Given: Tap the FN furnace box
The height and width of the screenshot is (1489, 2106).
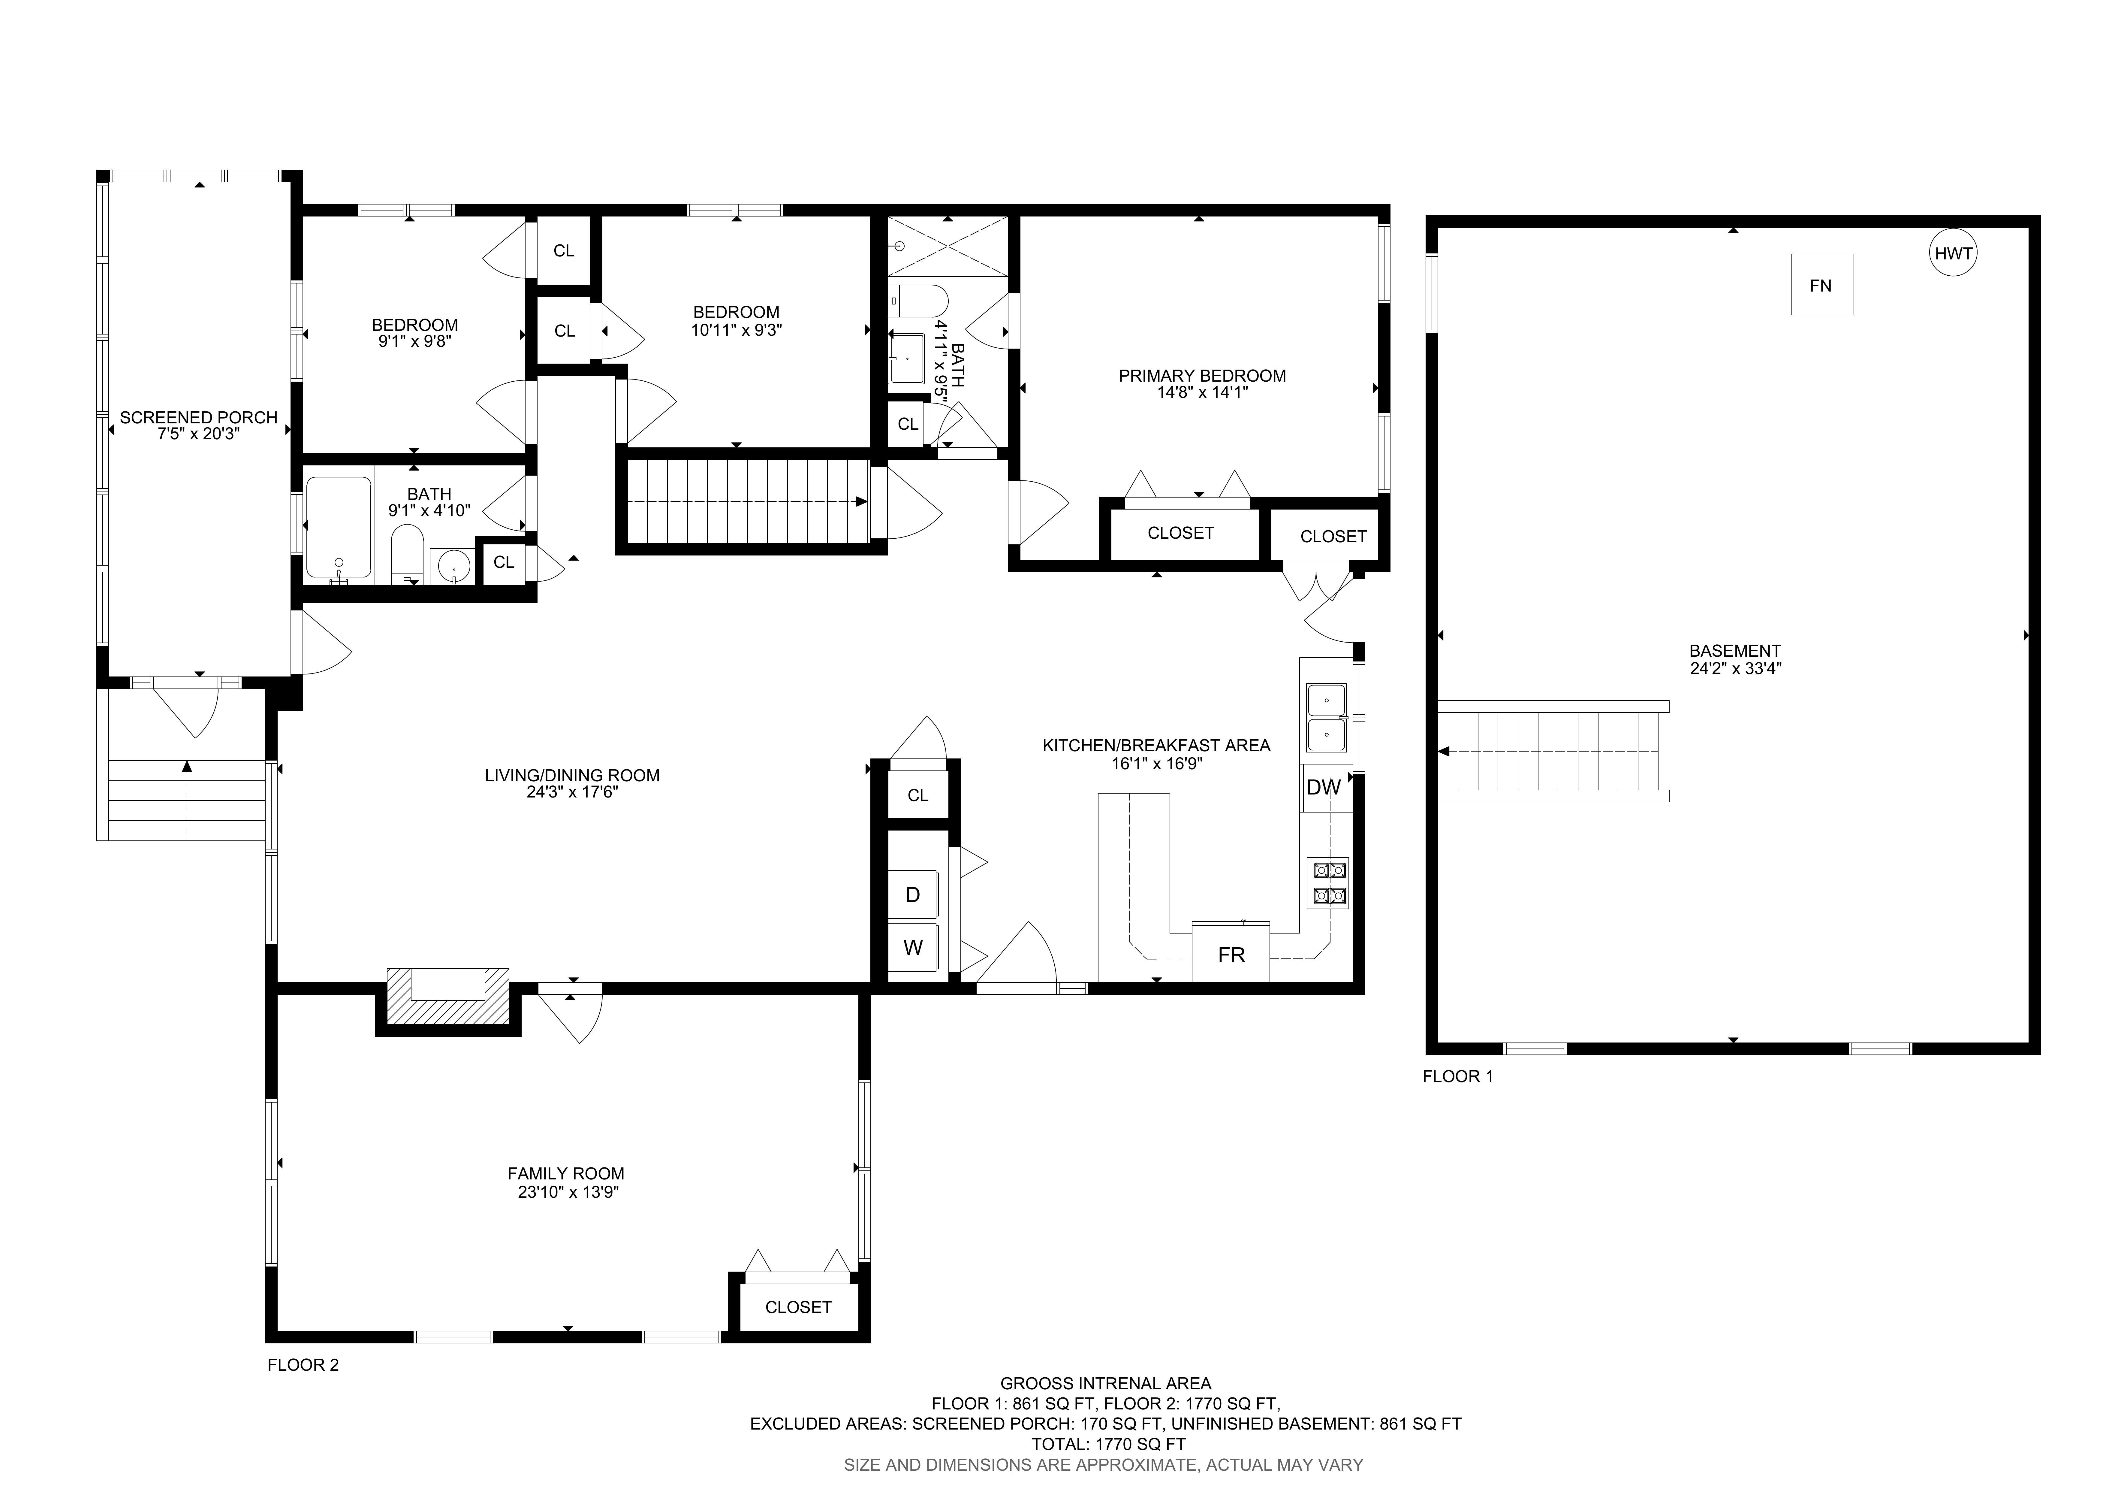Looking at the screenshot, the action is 1822,284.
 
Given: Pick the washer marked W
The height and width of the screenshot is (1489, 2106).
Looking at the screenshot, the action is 913,947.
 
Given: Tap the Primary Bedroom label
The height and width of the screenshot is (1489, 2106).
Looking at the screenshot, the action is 1202,375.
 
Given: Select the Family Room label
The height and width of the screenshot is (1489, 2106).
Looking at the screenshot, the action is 566,1173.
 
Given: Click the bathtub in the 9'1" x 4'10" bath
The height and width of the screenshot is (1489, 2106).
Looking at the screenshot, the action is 339,528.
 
